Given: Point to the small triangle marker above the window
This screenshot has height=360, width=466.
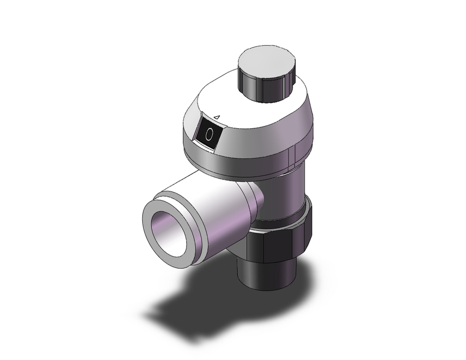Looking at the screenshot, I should pyautogui.click(x=216, y=118).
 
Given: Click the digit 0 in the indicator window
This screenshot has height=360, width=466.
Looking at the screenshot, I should pyautogui.click(x=209, y=134).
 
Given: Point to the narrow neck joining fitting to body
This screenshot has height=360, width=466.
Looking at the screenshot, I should pyautogui.click(x=256, y=201).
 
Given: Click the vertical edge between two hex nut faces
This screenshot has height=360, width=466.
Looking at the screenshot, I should pyautogui.click(x=264, y=245).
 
